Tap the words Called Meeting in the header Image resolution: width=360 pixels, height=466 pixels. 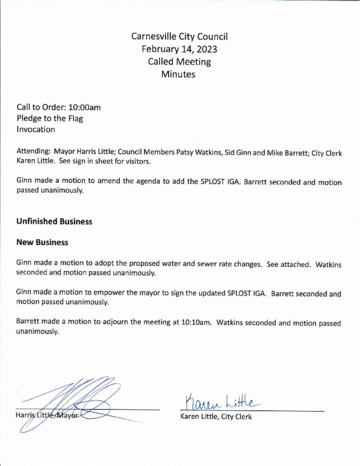[179, 61]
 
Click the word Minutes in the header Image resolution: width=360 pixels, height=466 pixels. [178, 74]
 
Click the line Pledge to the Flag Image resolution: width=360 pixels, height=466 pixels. [50, 119]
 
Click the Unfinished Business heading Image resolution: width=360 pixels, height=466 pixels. [54, 222]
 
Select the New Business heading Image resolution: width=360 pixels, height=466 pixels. [42, 243]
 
